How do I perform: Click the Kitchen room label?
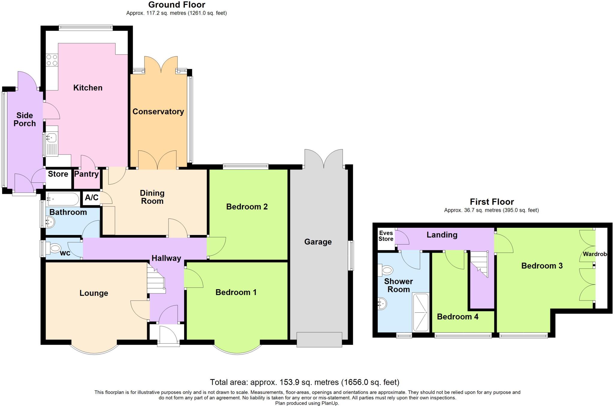tap(88, 88)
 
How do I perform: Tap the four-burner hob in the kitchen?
tap(52, 60)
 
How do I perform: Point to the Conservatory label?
tap(158, 111)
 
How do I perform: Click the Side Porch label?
tap(25, 119)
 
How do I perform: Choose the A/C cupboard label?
tap(91, 197)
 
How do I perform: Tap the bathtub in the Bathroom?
tap(63, 199)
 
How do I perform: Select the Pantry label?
tap(86, 174)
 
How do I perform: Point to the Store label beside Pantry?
tap(58, 174)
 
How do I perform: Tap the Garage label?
tap(318, 242)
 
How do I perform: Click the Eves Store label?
tap(386, 236)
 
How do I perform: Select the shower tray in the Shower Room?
tap(421, 312)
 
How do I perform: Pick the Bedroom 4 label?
tap(458, 317)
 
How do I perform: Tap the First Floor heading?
tap(492, 202)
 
